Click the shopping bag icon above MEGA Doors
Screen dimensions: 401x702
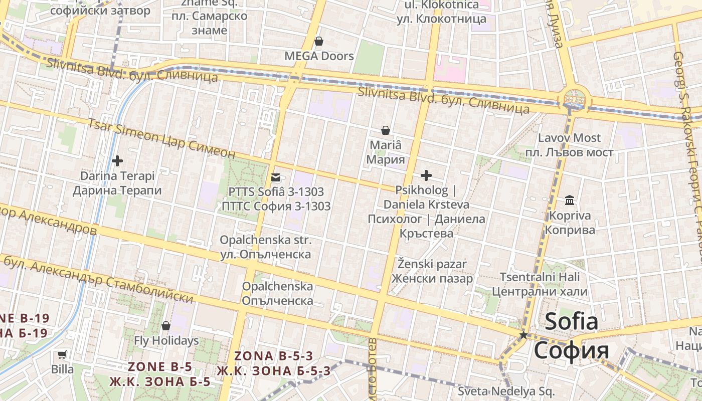tap(319, 41)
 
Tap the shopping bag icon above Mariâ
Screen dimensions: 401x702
tap(386, 131)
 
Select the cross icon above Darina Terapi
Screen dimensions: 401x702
tap(117, 161)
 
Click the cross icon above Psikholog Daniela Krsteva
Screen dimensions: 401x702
tap(426, 175)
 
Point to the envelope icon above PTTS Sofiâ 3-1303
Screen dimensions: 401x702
tap(276, 177)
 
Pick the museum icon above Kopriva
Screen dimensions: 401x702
tap(570, 200)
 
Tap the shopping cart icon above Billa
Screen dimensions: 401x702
tap(62, 354)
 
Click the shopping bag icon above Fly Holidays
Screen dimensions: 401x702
tap(166, 326)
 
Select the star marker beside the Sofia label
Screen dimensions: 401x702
tap(523, 335)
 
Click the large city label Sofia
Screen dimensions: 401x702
tap(572, 322)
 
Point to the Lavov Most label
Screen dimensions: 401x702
tap(569, 138)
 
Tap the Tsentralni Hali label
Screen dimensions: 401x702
tap(540, 277)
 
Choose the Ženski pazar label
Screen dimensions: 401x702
tap(432, 264)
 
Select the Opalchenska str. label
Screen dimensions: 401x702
tap(266, 241)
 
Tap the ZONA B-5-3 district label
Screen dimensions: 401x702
tap(274, 356)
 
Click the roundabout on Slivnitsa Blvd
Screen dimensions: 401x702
tap(573, 98)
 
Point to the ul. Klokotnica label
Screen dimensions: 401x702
tap(442, 5)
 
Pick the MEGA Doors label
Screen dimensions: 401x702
tap(319, 56)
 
